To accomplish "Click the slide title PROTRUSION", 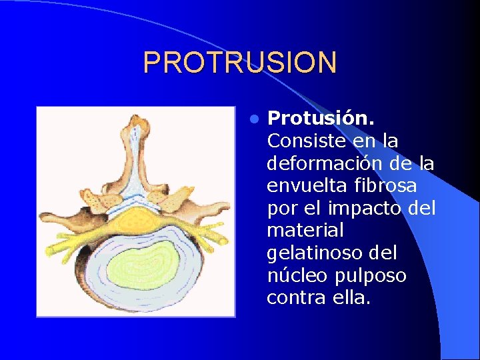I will [240, 63].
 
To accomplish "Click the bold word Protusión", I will [321, 119].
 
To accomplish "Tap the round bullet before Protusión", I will [253, 119].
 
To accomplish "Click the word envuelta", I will [303, 186].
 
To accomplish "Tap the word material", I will [305, 231].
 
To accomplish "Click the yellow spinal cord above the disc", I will [137, 215].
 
